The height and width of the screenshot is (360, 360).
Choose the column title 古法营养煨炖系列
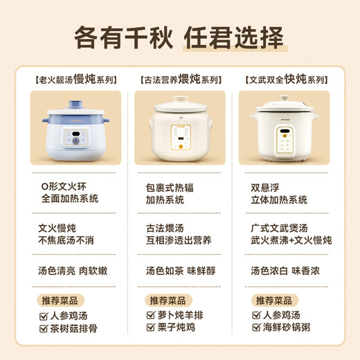point(179,79)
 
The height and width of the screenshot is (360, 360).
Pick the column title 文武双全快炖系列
point(284,79)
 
